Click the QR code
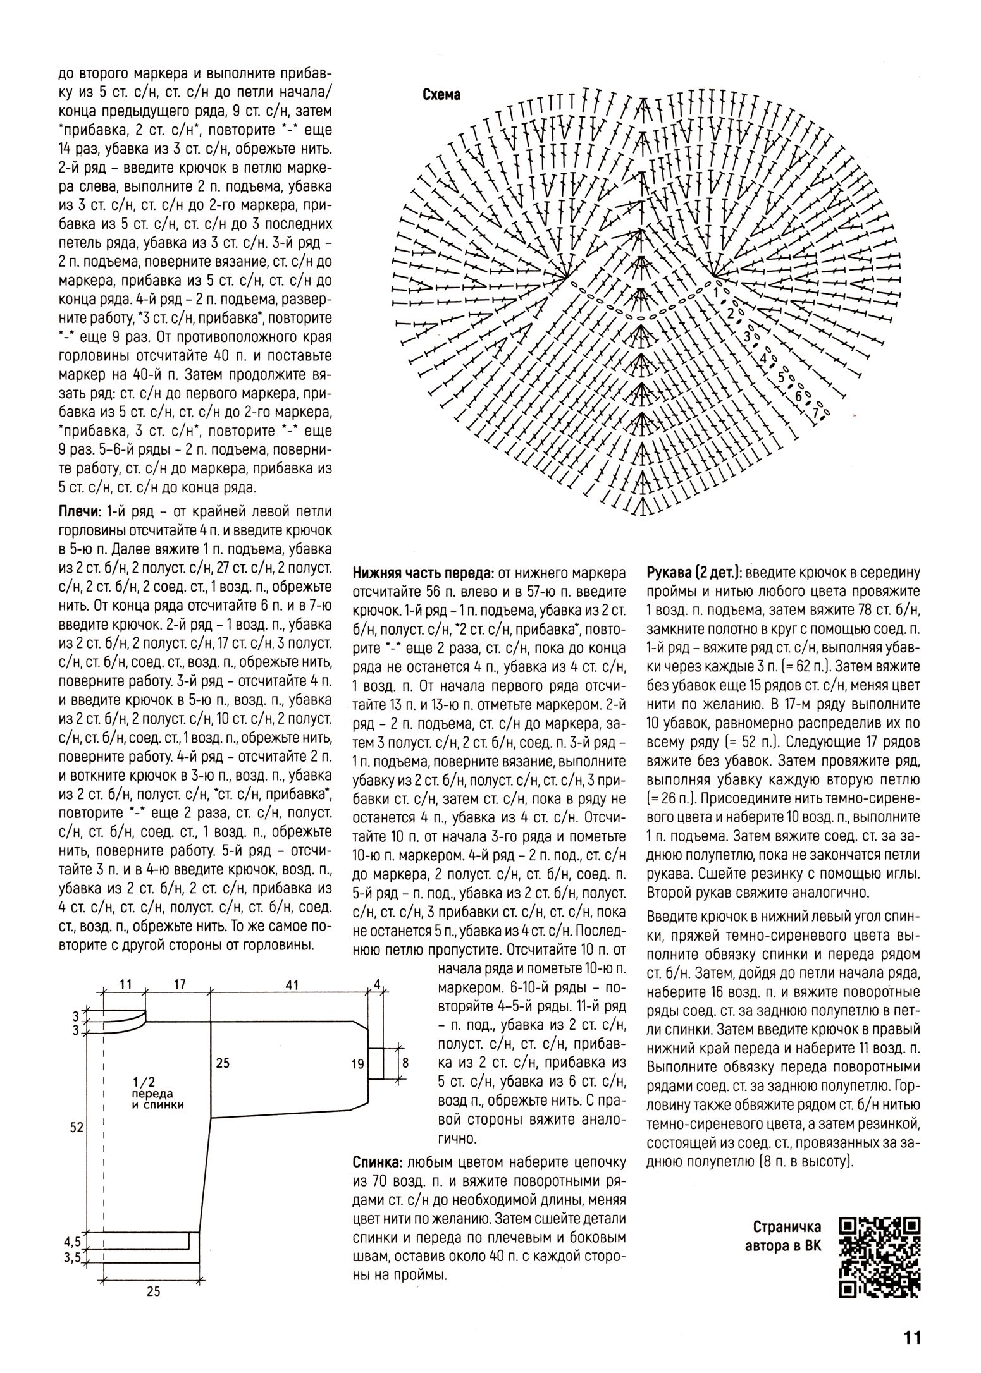tap(879, 1257)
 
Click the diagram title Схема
tap(441, 95)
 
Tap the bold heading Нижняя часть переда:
tap(423, 574)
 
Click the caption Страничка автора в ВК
tap(786, 1236)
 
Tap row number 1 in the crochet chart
tap(716, 293)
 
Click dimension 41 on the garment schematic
tap(292, 985)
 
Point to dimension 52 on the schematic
tap(77, 1128)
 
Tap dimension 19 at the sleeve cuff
tap(358, 1064)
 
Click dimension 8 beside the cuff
tap(405, 1063)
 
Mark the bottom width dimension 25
tap(153, 1291)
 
